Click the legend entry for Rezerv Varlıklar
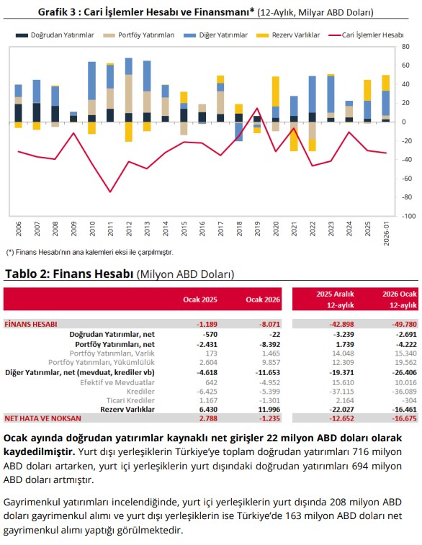coord(288,35)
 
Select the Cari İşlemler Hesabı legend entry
coord(366,35)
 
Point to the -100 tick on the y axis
coord(408,216)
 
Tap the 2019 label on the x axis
coord(257,229)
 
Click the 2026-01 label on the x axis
coord(386,233)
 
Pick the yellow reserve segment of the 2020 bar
coord(276,91)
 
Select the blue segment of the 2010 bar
coord(91,81)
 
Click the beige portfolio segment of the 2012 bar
coord(129,94)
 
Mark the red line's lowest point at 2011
coord(110,192)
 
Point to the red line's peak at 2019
coord(257,108)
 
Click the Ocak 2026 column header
coord(263,299)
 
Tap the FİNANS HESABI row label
coord(30,324)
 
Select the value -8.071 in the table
coord(269,324)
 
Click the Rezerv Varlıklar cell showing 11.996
coord(269,410)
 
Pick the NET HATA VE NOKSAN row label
coord(42,418)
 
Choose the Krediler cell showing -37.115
coord(342,392)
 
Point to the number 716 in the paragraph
coord(361,452)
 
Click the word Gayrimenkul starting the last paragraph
coord(32,503)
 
